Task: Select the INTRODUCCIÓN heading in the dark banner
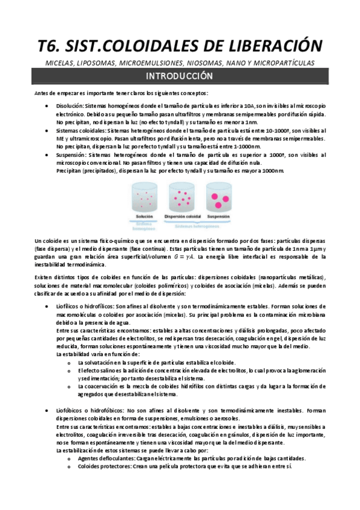coord(180,76)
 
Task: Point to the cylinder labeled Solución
coord(144,197)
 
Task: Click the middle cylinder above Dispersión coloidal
coord(180,197)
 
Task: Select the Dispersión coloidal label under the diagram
coord(180,215)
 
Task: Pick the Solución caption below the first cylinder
coord(145,215)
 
